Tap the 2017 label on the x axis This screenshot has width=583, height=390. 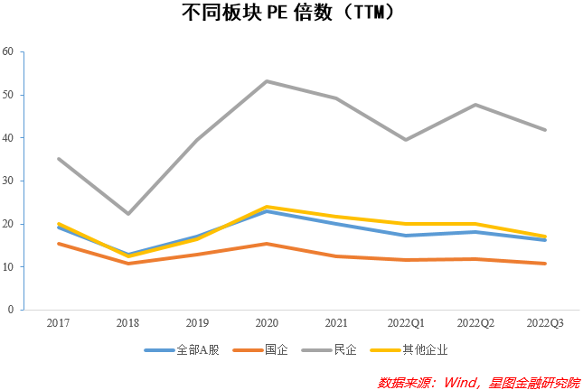click(59, 323)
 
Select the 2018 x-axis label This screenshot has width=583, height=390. click(128, 323)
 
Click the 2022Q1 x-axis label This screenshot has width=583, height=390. click(406, 323)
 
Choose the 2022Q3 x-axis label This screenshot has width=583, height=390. click(545, 323)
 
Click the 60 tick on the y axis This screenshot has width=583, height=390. click(8, 51)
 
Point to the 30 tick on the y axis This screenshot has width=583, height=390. click(8, 181)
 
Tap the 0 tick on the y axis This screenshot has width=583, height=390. click(11, 310)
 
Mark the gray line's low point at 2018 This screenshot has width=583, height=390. click(128, 214)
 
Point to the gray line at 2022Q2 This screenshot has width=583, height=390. click(475, 105)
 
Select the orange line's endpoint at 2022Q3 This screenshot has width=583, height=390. click(545, 264)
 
